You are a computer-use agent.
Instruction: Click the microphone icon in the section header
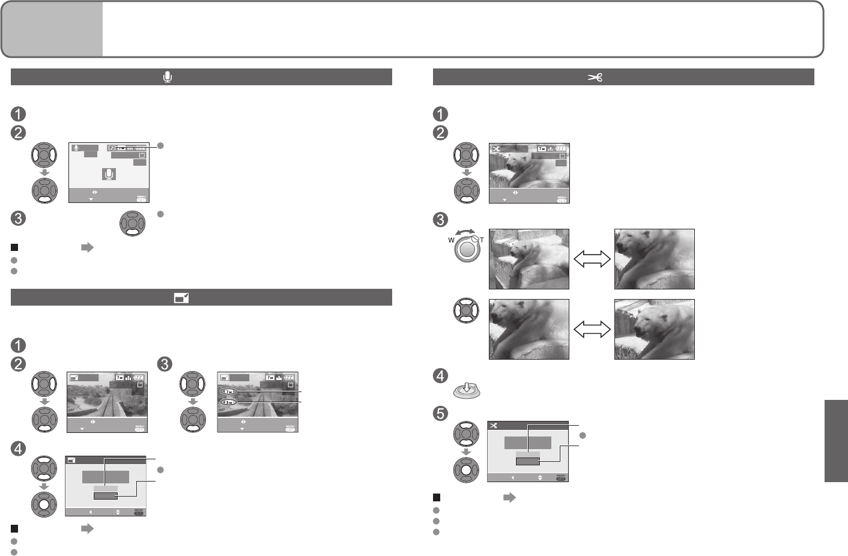tap(168, 77)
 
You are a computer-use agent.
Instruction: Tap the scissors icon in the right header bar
tap(595, 77)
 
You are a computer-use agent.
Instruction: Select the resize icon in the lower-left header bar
tap(181, 297)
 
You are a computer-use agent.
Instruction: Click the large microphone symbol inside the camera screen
tap(109, 174)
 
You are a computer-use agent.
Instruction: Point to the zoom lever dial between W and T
tap(467, 248)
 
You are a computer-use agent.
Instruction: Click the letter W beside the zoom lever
tap(452, 240)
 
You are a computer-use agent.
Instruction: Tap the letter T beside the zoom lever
tap(482, 240)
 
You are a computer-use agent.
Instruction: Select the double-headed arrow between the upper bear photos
tap(592, 259)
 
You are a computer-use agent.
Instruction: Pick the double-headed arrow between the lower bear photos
tap(592, 329)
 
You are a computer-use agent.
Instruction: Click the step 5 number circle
tap(440, 413)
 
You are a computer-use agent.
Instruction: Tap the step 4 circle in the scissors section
tap(440, 376)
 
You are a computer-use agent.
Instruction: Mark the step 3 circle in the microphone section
tap(18, 218)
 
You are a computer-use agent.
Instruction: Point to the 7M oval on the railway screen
tap(229, 391)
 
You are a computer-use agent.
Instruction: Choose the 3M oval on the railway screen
tap(229, 402)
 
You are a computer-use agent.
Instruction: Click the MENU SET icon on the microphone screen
tap(141, 199)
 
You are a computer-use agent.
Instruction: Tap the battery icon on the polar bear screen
tap(561, 148)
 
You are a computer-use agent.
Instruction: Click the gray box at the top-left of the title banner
tap(52, 29)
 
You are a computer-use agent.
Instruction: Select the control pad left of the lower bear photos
tap(466, 311)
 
